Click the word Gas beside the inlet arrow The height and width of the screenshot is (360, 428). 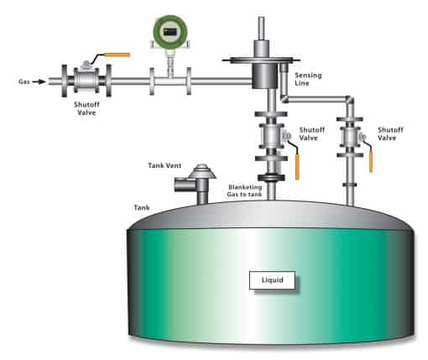click(24, 81)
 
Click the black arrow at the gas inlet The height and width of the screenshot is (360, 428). click(39, 81)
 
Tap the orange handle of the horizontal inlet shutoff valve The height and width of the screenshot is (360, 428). click(117, 55)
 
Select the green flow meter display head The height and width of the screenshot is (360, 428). click(170, 32)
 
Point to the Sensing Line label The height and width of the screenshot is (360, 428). click(308, 79)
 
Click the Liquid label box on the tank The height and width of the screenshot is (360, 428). click(272, 280)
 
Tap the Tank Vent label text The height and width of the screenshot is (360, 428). click(164, 165)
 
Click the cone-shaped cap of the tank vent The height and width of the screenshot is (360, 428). click(202, 171)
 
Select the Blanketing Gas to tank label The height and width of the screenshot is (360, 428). click(245, 190)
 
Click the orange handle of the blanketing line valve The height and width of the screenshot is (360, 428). click(297, 167)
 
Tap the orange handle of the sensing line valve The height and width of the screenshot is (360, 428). click(371, 160)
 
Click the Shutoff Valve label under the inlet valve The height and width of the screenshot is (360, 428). click(86, 108)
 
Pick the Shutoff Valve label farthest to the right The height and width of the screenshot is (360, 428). click(390, 133)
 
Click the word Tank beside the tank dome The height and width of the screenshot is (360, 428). click(142, 207)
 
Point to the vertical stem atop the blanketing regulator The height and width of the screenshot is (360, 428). click(262, 29)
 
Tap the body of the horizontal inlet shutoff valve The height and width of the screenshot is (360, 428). click(86, 79)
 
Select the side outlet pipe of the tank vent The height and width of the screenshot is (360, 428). click(185, 185)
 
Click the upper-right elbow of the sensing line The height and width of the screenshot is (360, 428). click(350, 100)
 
